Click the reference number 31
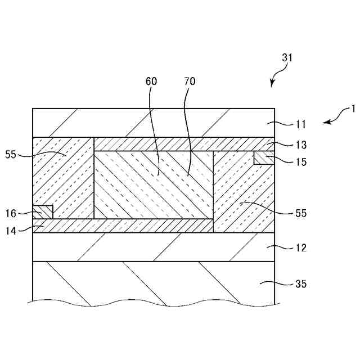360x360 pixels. click(287, 57)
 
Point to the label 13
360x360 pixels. click(301, 145)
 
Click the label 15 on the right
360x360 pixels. click(301, 162)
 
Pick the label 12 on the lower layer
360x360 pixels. click(301, 247)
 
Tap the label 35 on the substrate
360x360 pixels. click(301, 284)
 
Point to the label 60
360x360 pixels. click(151, 82)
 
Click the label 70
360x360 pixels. click(190, 82)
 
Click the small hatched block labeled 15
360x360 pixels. click(263, 157)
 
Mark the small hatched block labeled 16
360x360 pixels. click(43, 212)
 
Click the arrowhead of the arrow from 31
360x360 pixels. click(272, 85)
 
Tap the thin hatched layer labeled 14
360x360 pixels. click(124, 226)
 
